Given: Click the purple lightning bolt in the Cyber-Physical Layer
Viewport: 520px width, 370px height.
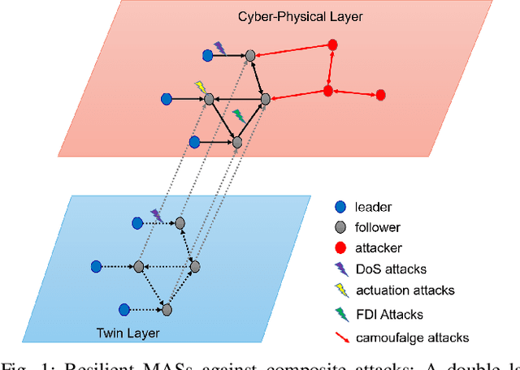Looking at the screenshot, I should tap(219, 48).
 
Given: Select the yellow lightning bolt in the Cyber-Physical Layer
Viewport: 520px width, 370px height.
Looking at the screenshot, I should tap(200, 86).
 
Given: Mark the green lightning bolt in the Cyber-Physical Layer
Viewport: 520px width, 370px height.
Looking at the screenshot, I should tap(237, 115).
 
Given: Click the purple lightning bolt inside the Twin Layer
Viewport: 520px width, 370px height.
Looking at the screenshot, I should tap(156, 215).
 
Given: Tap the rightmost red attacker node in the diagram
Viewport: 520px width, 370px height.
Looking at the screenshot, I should tap(379, 96).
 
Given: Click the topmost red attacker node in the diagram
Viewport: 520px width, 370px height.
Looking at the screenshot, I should tap(331, 45).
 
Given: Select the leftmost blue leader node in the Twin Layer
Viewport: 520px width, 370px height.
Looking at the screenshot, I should tap(96, 266).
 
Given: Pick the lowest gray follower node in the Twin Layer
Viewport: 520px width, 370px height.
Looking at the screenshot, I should tap(167, 309).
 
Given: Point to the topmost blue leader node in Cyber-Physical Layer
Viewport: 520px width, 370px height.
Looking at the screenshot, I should tap(207, 55).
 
